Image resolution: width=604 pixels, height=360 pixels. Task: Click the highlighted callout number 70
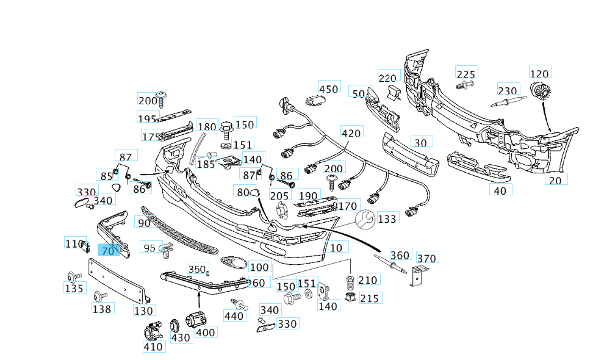click(x=107, y=250)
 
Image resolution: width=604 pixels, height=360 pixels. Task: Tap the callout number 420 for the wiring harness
click(x=351, y=133)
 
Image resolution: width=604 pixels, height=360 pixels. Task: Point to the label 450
click(x=328, y=88)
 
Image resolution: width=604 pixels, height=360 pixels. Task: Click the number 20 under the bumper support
click(x=555, y=179)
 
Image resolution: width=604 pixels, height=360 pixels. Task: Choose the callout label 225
click(x=466, y=74)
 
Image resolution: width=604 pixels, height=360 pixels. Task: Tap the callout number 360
click(x=400, y=255)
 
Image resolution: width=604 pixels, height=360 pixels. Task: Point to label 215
click(x=369, y=298)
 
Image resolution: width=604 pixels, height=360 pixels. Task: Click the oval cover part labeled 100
click(x=234, y=262)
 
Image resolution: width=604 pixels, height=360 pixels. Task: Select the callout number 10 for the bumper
click(x=336, y=247)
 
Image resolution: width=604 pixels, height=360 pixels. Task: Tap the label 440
click(x=234, y=315)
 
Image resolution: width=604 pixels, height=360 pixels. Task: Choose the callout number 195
click(x=147, y=118)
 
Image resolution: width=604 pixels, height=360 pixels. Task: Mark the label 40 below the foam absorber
click(x=499, y=190)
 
